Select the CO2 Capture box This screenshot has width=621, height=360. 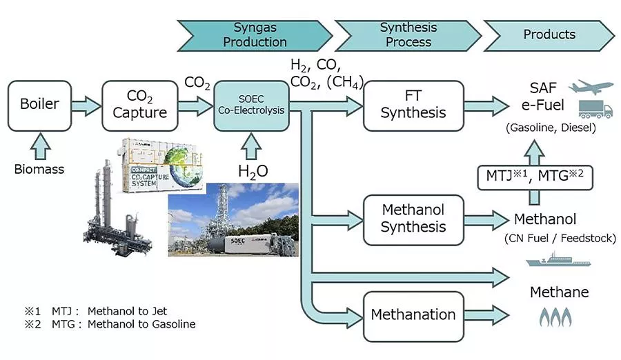click(136, 106)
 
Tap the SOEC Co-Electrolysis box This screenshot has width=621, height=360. click(251, 106)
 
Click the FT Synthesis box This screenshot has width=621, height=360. click(413, 106)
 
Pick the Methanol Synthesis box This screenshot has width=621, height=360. click(413, 219)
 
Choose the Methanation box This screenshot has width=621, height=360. click(413, 315)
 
